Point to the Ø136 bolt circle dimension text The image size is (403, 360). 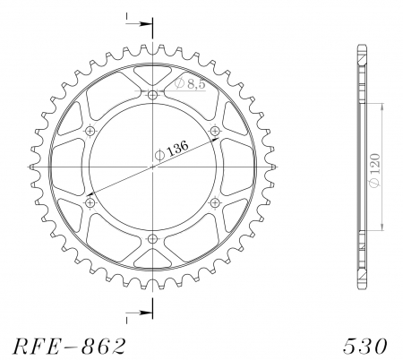174,151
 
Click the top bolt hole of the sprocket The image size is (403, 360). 153,96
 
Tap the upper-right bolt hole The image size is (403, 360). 215,132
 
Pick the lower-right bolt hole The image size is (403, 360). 215,203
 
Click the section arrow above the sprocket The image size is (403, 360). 135,24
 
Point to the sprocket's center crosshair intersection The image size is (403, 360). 153,167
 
